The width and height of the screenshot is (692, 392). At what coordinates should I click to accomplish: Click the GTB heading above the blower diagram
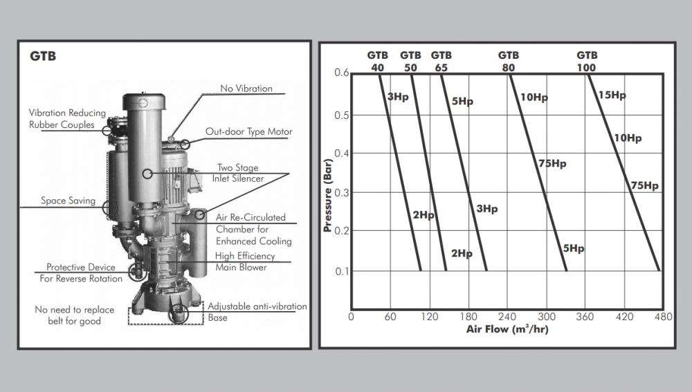click(43, 56)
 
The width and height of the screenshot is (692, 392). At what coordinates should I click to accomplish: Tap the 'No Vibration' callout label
click(246, 88)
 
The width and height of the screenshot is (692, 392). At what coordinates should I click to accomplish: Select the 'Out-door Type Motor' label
click(249, 131)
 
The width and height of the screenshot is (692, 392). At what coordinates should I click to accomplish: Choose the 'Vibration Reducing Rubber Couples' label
click(67, 118)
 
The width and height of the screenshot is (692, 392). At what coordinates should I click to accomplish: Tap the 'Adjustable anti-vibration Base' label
click(257, 312)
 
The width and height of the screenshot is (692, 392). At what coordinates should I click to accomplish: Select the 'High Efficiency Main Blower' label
click(245, 261)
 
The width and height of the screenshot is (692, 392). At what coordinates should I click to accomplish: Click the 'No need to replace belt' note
click(74, 315)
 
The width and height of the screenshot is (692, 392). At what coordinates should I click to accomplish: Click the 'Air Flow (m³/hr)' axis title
click(507, 329)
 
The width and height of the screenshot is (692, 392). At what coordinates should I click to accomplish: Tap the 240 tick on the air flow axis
click(508, 317)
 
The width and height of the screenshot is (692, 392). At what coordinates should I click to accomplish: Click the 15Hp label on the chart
click(612, 95)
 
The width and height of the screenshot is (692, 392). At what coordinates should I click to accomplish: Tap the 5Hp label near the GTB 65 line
click(462, 102)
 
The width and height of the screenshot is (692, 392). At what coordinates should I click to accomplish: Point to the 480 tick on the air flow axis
click(663, 317)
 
